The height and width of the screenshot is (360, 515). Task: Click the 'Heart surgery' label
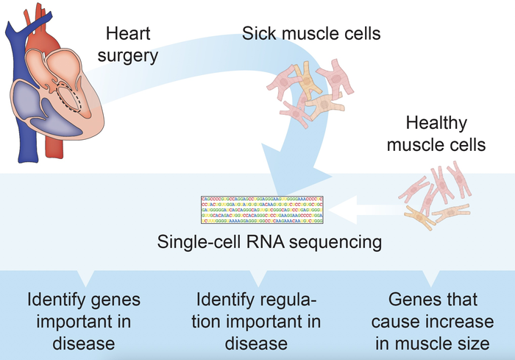[x=132, y=44]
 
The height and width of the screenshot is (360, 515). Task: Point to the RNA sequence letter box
[x=261, y=210]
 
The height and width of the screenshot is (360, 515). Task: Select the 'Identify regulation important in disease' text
[x=259, y=322]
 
